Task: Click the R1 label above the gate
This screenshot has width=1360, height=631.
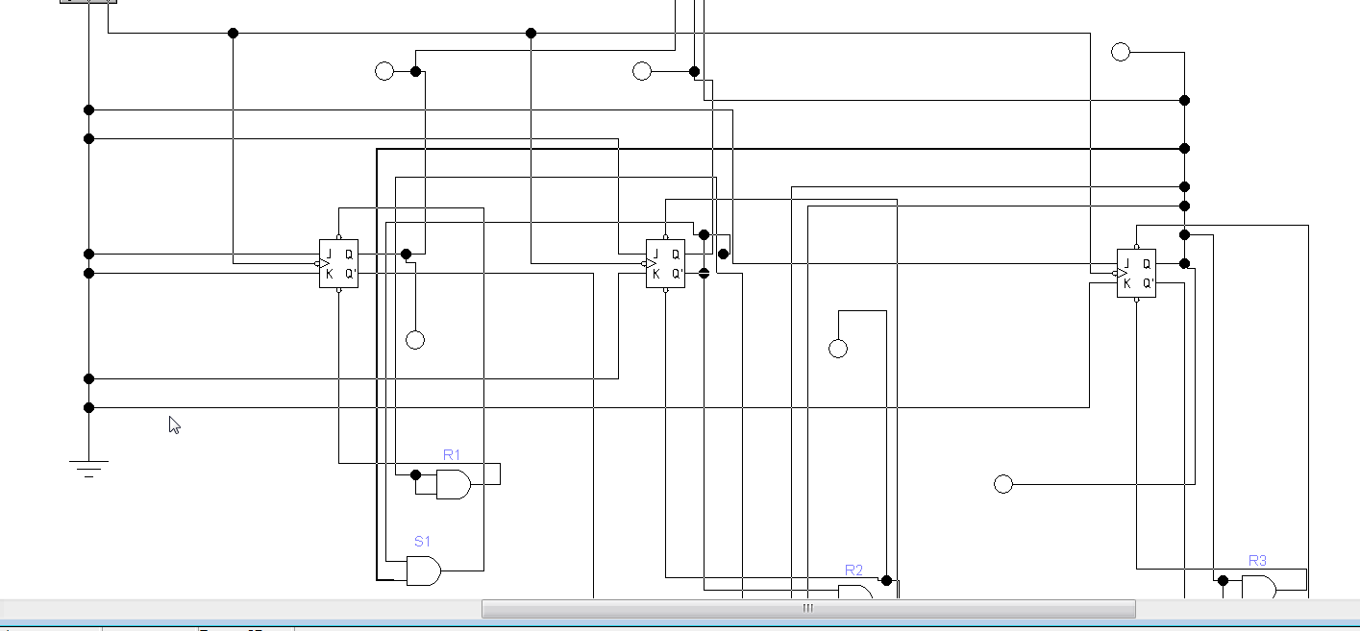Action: (452, 454)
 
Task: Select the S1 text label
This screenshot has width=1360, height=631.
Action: (422, 542)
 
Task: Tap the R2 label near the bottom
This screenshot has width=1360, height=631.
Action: (853, 570)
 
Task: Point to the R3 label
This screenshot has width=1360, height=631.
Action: (1257, 561)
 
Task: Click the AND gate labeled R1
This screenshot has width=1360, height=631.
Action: (453, 485)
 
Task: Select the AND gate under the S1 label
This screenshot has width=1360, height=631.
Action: (424, 571)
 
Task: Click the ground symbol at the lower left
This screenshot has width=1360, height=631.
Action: (88, 468)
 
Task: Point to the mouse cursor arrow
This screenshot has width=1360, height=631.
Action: (174, 425)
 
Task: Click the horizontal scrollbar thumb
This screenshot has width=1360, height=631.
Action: (807, 608)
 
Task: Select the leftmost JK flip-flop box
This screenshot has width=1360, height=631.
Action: (338, 263)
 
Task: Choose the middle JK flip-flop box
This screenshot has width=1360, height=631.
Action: (665, 263)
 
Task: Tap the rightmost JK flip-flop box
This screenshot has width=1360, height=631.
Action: (1136, 273)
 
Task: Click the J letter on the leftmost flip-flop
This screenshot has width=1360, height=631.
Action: (329, 255)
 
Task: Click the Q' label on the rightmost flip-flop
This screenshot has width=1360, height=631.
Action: (1148, 283)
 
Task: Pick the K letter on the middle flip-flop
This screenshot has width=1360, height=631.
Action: (655, 274)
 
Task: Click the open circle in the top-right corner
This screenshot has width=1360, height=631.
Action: (1121, 52)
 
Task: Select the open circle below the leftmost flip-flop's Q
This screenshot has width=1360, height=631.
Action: (415, 339)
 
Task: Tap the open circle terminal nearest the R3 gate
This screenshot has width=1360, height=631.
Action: (1003, 484)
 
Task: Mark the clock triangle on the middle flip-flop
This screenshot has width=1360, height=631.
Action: (651, 263)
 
